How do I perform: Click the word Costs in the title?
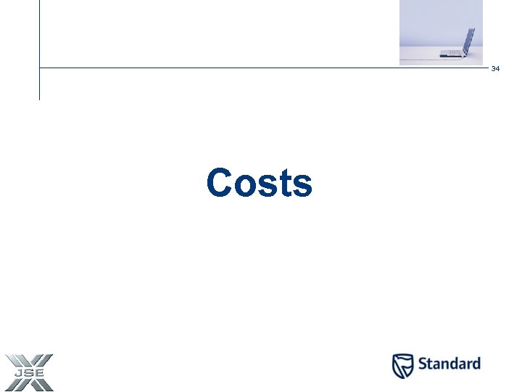[x=259, y=183]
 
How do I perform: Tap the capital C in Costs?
[x=220, y=183]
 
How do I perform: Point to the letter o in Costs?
[x=245, y=186]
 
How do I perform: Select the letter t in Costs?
[x=286, y=184]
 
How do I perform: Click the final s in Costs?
[x=303, y=186]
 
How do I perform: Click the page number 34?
[x=496, y=68]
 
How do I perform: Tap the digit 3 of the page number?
[x=494, y=68]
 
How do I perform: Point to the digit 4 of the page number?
[x=498, y=68]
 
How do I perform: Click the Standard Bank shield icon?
[x=402, y=366]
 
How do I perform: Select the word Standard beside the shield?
[x=448, y=364]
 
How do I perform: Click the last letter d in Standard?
[x=476, y=364]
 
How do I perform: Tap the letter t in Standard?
[x=430, y=364]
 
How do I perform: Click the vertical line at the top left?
[x=39, y=44]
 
